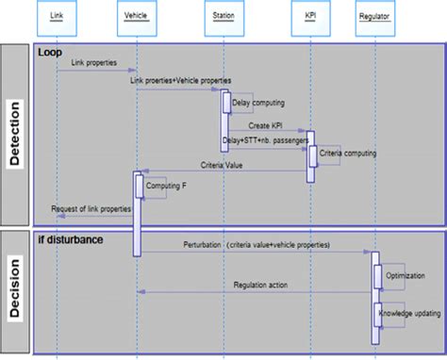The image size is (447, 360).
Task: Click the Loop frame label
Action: (x=51, y=53)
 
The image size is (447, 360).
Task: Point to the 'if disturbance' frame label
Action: (x=71, y=239)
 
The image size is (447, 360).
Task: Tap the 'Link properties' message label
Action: (x=95, y=63)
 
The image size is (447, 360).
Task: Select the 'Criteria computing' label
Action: (x=348, y=151)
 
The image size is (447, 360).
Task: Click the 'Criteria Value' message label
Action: (x=223, y=165)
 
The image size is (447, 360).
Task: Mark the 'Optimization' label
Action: (x=405, y=274)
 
